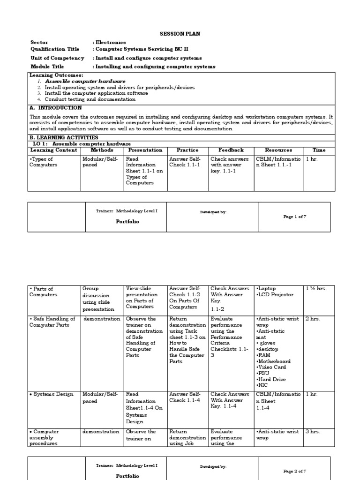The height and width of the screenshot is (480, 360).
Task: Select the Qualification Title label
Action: (55, 49)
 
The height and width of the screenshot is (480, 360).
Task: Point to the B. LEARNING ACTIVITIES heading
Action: (64, 138)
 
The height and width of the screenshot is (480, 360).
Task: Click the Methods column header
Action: (102, 150)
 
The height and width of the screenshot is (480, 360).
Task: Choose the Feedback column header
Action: (231, 150)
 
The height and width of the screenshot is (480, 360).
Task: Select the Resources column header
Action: (278, 150)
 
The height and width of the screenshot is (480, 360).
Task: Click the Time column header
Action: (319, 150)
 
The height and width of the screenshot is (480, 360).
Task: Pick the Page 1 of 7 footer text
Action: (295, 217)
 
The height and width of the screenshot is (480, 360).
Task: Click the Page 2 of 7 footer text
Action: (295, 471)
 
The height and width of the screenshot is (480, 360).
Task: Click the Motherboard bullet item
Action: (274, 361)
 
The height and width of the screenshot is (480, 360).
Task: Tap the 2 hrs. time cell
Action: (313, 319)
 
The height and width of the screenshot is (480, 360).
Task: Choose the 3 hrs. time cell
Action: (313, 432)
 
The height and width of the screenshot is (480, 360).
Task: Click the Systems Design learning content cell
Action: (52, 395)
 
